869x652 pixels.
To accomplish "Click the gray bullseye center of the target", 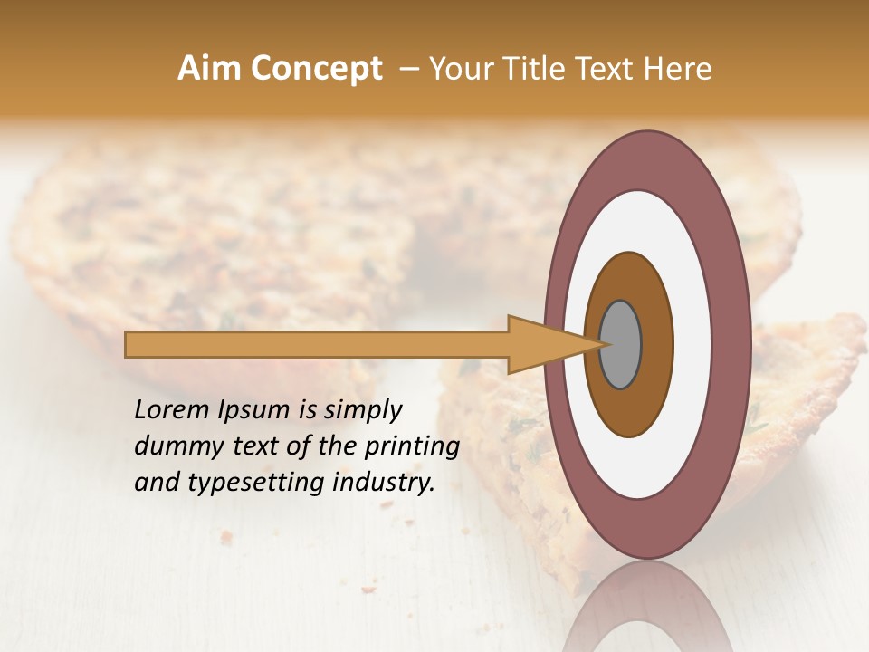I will [x=620, y=344].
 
